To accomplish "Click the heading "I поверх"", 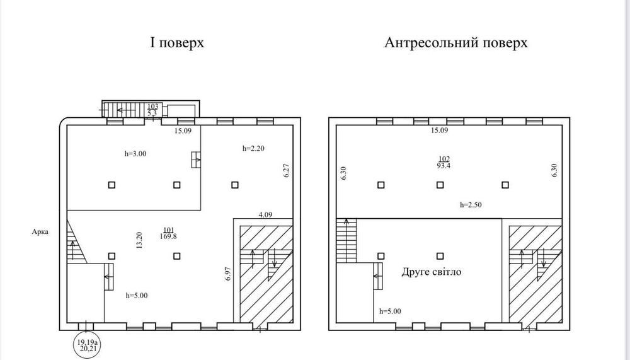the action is pyautogui.click(x=177, y=43).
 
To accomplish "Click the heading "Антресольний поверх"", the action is pyautogui.click(x=455, y=43).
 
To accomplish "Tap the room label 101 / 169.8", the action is pyautogui.click(x=168, y=233).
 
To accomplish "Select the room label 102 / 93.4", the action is pyautogui.click(x=444, y=162).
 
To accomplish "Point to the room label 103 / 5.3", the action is pyautogui.click(x=152, y=110).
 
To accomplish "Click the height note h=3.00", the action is pyautogui.click(x=136, y=153).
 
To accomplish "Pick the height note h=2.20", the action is pyautogui.click(x=253, y=148).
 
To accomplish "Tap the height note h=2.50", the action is pyautogui.click(x=471, y=205).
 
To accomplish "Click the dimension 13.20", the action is pyautogui.click(x=139, y=241).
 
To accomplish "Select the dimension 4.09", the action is pyautogui.click(x=265, y=215).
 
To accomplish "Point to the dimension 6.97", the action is pyautogui.click(x=228, y=274).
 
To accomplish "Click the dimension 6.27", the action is pyautogui.click(x=287, y=171).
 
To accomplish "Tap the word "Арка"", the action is pyautogui.click(x=40, y=231).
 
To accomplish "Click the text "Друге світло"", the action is pyautogui.click(x=432, y=272).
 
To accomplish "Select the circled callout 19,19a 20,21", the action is pyautogui.click(x=88, y=345).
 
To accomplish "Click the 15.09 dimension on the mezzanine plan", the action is pyautogui.click(x=439, y=131).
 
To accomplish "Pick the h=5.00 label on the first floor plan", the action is pyautogui.click(x=137, y=296).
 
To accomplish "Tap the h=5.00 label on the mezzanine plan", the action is pyautogui.click(x=390, y=311).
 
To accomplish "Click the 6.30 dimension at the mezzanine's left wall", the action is pyautogui.click(x=343, y=173).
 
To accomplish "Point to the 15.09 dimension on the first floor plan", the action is pyautogui.click(x=183, y=131).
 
